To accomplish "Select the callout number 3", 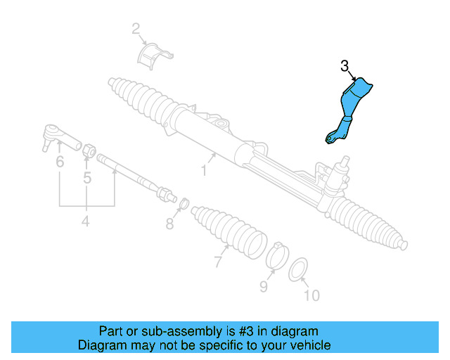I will point(345,67).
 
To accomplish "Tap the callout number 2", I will point(136,29).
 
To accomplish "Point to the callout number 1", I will point(205,169).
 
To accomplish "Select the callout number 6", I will point(60,162).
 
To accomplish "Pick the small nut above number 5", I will point(89,150).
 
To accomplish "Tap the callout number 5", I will point(87,178).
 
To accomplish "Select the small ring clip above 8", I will point(182,203).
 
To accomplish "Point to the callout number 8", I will point(169,224).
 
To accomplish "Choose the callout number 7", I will point(218,263).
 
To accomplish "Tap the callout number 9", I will point(264,286).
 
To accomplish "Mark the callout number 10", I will point(311,296).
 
